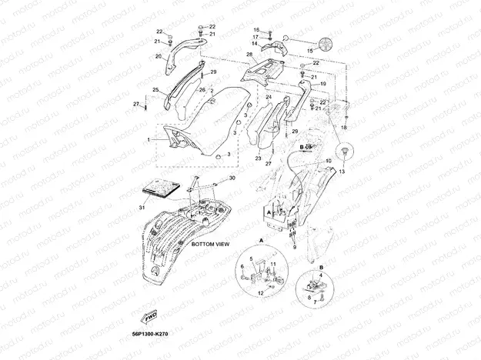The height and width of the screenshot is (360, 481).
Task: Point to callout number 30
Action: pos(232,178)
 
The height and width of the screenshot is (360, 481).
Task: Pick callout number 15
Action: pos(312,51)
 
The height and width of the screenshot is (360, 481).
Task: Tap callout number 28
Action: pos(249,55)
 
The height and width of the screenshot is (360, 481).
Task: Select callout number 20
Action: pos(159,56)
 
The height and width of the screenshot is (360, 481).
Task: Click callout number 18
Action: pos(344,126)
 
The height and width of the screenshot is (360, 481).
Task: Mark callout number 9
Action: pos(292,247)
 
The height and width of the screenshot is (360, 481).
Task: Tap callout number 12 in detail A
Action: pos(261,293)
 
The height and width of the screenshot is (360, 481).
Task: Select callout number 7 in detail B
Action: pos(313,302)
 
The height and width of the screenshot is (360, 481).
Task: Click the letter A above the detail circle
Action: pos(262,240)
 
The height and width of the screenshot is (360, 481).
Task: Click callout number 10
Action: pos(329,161)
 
